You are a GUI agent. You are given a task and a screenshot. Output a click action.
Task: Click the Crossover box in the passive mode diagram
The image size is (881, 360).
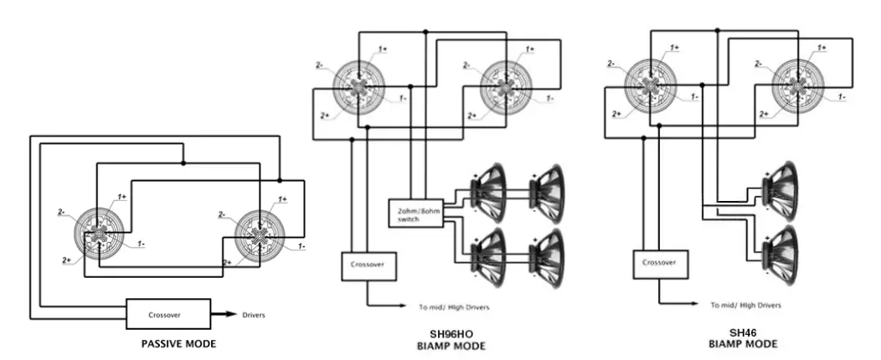(x=166, y=315)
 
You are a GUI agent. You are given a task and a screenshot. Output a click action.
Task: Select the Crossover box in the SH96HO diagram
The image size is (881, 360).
(x=368, y=265)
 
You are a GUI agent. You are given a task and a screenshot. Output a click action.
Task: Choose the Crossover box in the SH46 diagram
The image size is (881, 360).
(x=659, y=263)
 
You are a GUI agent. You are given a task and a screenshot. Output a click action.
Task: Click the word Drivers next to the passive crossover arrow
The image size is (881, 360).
(x=253, y=316)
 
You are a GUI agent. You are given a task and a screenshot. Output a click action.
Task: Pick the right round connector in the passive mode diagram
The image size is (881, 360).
(x=260, y=233)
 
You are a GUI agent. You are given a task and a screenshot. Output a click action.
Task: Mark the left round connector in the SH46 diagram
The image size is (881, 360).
(x=649, y=85)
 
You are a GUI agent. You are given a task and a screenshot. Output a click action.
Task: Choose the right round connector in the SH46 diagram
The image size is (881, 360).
(x=797, y=85)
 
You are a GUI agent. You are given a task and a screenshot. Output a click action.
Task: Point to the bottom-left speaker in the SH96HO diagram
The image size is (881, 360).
(x=490, y=252)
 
